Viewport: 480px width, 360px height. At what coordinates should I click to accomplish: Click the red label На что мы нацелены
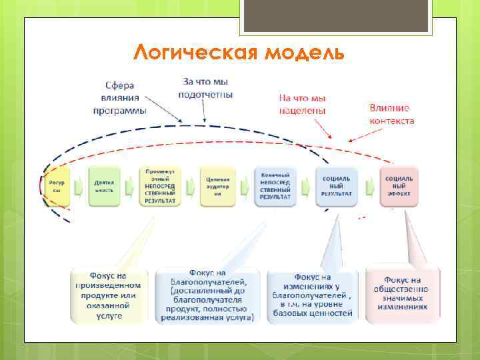tap(302, 104)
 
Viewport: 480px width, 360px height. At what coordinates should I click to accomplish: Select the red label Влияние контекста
tap(391, 114)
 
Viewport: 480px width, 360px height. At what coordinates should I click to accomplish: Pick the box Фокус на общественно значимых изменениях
tap(403, 295)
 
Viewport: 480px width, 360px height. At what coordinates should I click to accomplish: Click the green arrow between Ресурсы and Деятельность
tap(79, 186)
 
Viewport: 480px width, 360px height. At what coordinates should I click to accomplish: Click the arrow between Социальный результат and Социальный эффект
tap(369, 186)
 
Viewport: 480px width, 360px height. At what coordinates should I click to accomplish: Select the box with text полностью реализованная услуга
tap(207, 295)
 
